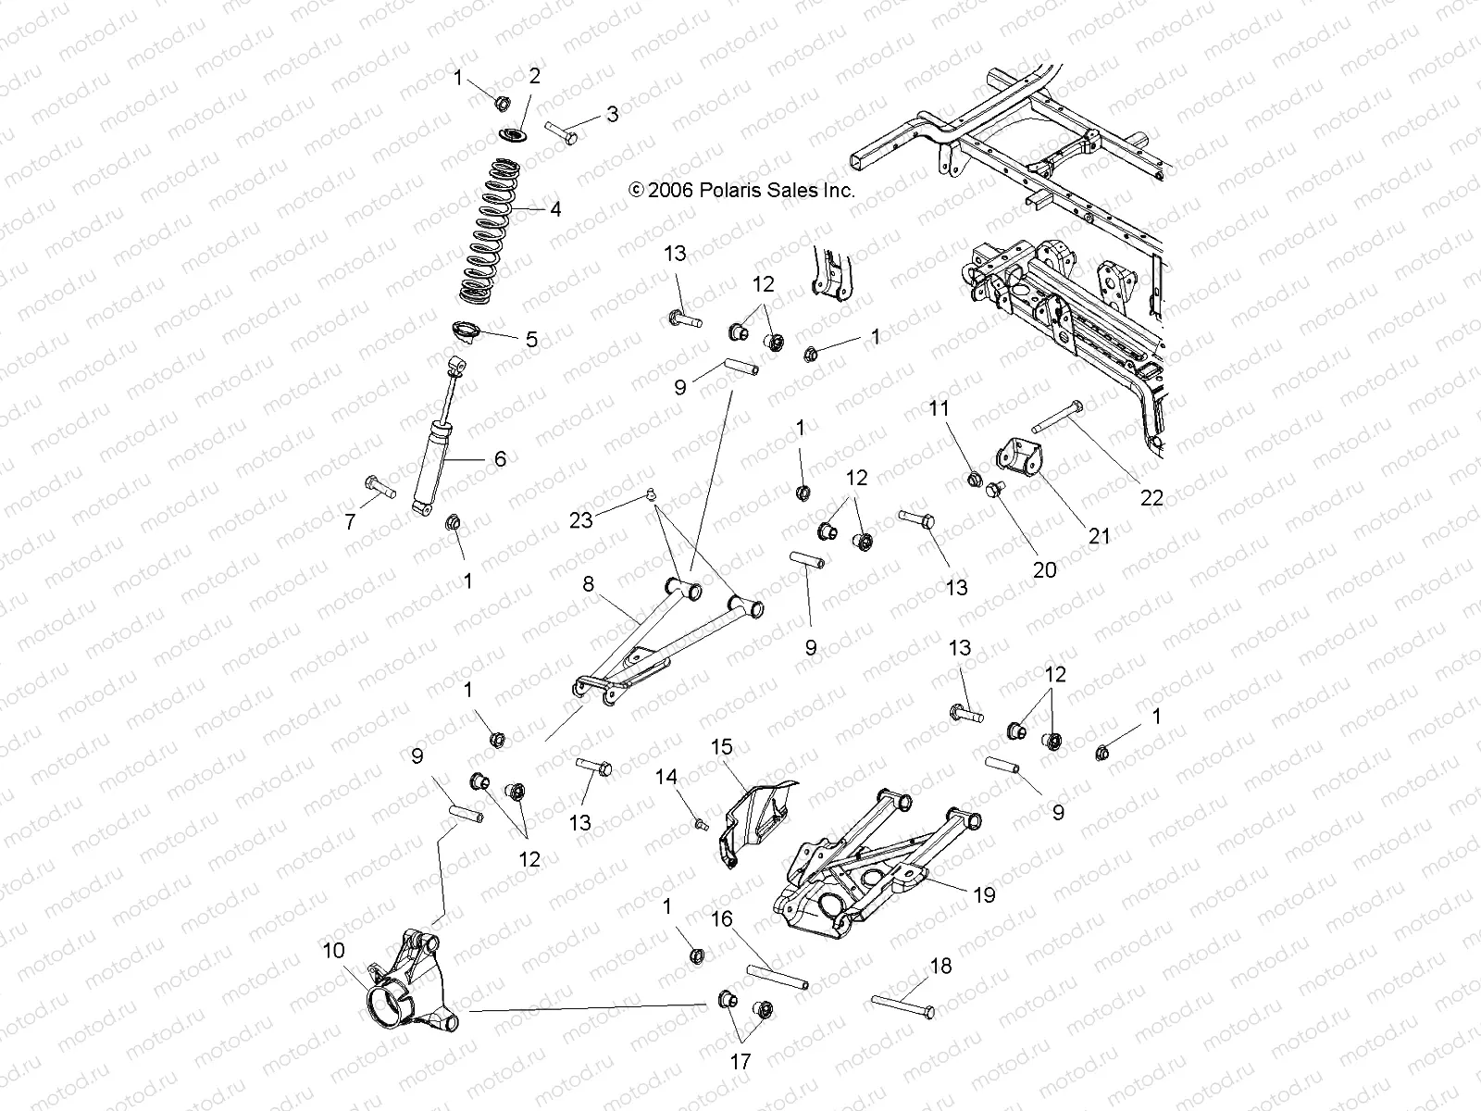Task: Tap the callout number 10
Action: pos(332,950)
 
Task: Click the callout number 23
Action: pos(580,520)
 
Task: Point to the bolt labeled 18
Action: pos(902,1005)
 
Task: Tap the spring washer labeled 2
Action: pos(515,136)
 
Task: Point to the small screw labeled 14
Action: pos(701,821)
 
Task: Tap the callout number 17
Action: pos(741,1061)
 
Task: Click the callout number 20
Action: pos(1044,570)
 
